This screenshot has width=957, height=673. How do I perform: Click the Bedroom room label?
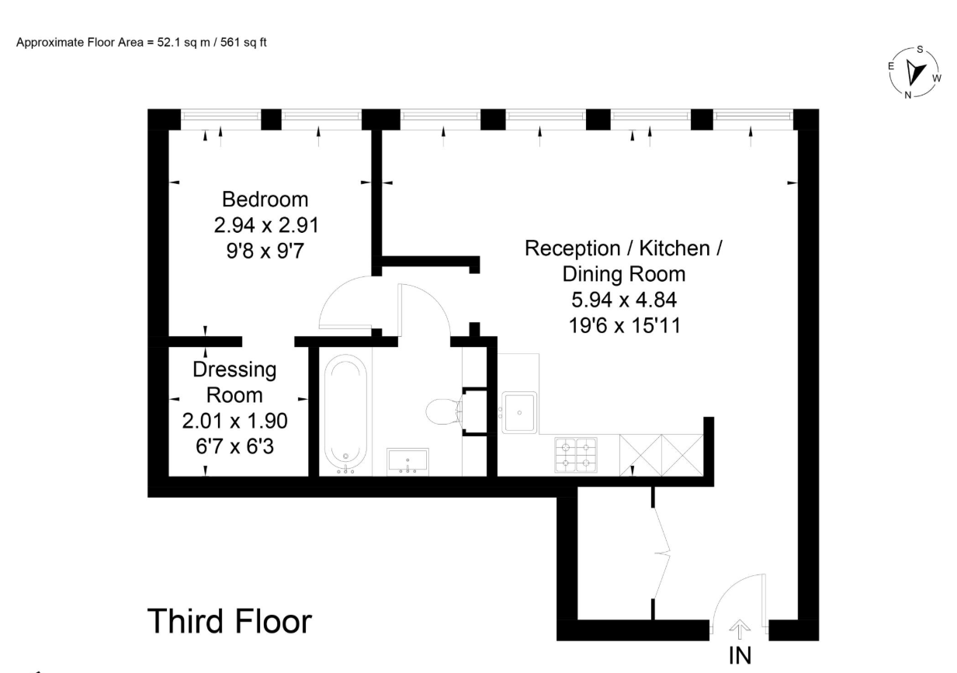(265, 200)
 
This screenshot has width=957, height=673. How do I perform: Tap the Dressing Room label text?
(234, 383)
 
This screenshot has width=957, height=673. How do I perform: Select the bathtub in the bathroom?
(345, 415)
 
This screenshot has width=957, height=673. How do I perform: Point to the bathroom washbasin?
(407, 461)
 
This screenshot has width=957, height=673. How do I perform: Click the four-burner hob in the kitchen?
(576, 455)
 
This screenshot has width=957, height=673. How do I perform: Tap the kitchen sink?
(519, 412)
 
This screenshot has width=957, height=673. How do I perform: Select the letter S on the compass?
(920, 50)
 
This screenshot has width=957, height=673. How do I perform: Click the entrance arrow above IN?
(740, 629)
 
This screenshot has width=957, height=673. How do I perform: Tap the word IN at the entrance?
(740, 656)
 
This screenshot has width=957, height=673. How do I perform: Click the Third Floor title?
(230, 621)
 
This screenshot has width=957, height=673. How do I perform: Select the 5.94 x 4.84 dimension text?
(624, 300)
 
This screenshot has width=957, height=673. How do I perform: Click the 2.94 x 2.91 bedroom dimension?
(266, 225)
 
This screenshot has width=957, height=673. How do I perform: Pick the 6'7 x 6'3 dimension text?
(234, 446)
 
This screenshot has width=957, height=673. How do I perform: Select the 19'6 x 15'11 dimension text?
(624, 326)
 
